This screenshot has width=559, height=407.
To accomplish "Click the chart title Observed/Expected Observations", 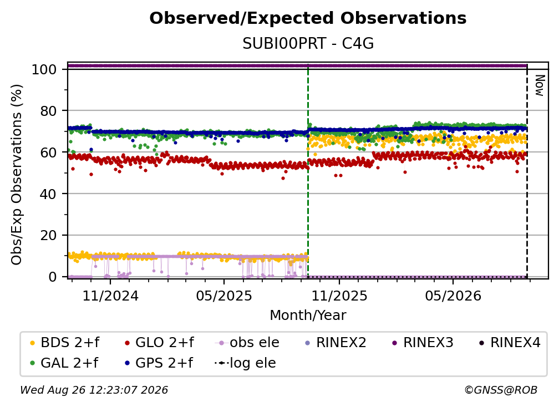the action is pyautogui.click(x=308, y=18).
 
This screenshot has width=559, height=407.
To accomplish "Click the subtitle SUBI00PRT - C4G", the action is pyautogui.click(x=308, y=43).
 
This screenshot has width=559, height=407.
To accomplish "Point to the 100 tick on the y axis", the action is pyautogui.click(x=44, y=69).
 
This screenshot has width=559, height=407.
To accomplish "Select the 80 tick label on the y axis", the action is pyautogui.click(x=48, y=111).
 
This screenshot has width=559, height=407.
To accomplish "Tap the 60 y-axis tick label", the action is pyautogui.click(x=48, y=152).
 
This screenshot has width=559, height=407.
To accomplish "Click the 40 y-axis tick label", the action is pyautogui.click(x=48, y=194).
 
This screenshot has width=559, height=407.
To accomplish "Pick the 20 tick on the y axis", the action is pyautogui.click(x=48, y=235).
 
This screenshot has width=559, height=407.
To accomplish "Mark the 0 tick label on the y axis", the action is pyautogui.click(x=52, y=277).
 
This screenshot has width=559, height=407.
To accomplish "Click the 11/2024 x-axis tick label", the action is pyautogui.click(x=110, y=296).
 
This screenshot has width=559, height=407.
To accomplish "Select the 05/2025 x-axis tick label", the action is pyautogui.click(x=224, y=296).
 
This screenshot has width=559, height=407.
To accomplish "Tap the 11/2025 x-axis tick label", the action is pyautogui.click(x=339, y=296).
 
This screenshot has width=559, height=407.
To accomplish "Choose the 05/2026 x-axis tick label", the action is pyautogui.click(x=453, y=296).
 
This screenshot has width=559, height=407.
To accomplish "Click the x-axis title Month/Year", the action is pyautogui.click(x=308, y=315).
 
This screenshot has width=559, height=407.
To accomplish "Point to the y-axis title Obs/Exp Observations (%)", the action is pyautogui.click(x=17, y=174).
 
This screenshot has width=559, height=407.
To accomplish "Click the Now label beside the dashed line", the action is pyautogui.click(x=540, y=85).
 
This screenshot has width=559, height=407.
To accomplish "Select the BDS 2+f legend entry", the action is pyautogui.click(x=65, y=343).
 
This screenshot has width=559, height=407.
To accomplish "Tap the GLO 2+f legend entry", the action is pyautogui.click(x=159, y=343).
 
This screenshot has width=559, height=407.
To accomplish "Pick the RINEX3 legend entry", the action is pyautogui.click(x=423, y=343).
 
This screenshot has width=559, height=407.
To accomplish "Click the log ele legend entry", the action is pyautogui.click(x=245, y=363).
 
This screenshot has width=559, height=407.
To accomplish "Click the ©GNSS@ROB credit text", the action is pyautogui.click(x=501, y=390).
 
